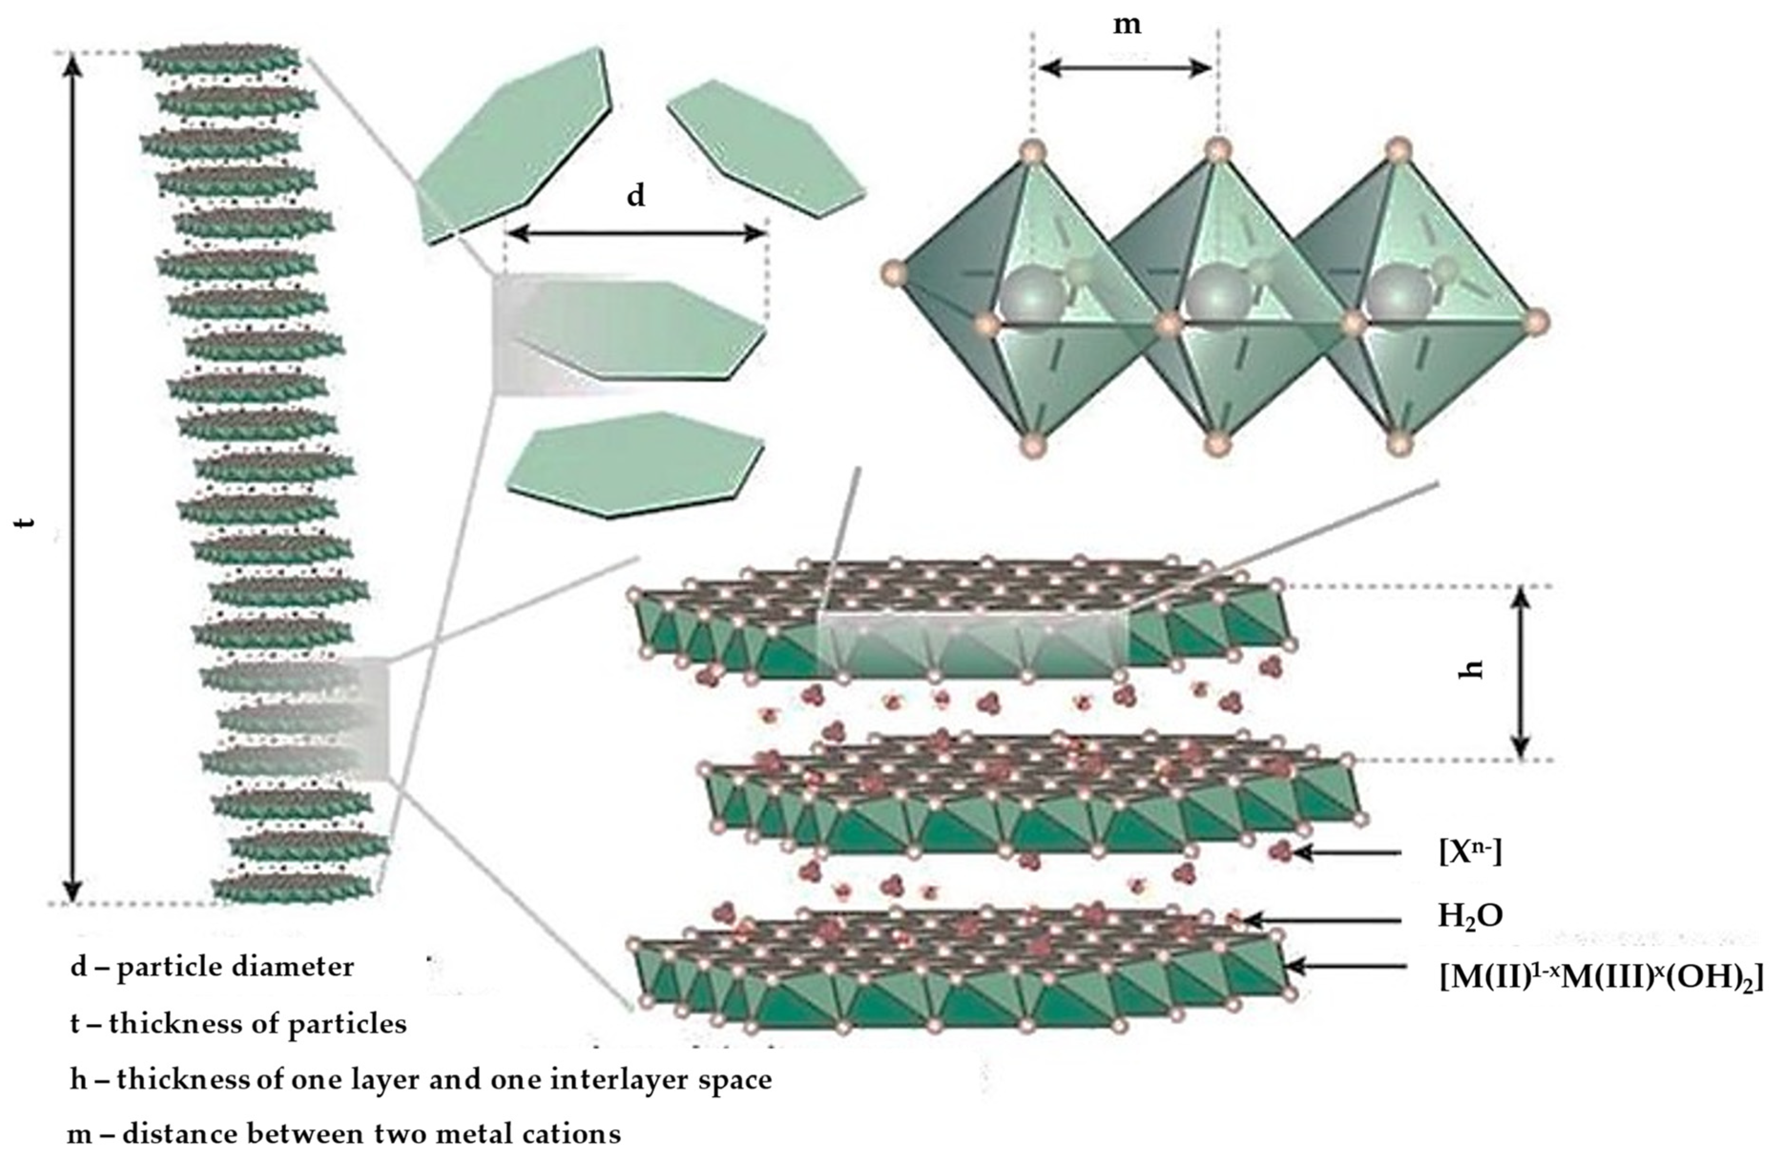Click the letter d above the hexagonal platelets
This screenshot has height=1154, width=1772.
coord(635,196)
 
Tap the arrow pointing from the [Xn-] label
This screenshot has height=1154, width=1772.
coord(1348,853)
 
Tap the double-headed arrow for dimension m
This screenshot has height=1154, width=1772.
coord(1126,69)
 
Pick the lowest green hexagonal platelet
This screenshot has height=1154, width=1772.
coord(635,464)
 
